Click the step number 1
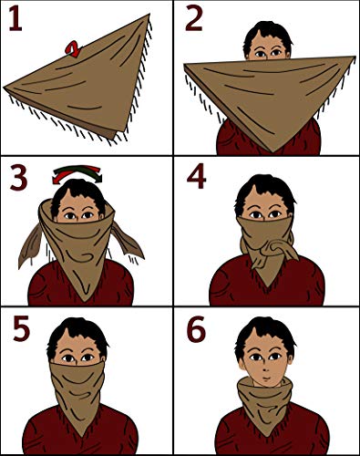click(x=15, y=18)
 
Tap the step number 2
click(x=193, y=18)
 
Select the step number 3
click(x=18, y=178)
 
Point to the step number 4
click(x=197, y=177)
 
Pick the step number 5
click(x=21, y=327)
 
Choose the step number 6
click(x=196, y=329)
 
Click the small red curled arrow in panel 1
click(x=73, y=49)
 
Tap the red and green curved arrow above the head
click(x=77, y=173)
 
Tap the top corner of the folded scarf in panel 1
click(x=149, y=15)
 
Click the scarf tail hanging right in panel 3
click(x=127, y=240)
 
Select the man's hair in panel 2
click(x=268, y=34)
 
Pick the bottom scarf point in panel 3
click(x=85, y=301)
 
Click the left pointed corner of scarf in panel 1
click(x=5, y=88)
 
